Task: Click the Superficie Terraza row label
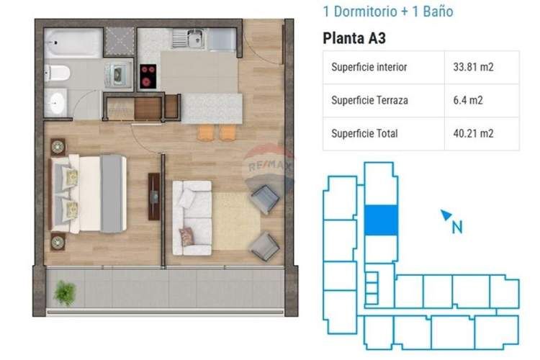(369, 100)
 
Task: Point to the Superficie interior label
(369, 68)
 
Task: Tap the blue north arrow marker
(446, 214)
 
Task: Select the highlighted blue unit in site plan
(380, 220)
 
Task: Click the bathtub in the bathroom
(73, 43)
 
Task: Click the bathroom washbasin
(56, 102)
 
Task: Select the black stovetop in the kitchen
(148, 75)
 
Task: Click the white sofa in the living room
(192, 217)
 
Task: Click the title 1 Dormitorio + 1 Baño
(388, 12)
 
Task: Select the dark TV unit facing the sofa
(154, 196)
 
